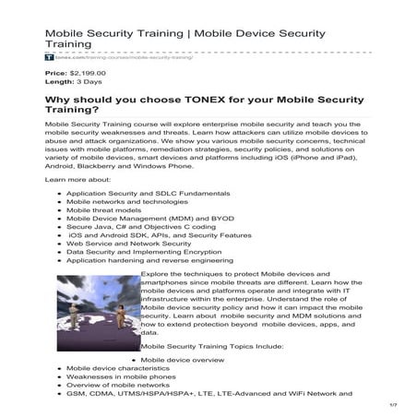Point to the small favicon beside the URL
click(x=48, y=57)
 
